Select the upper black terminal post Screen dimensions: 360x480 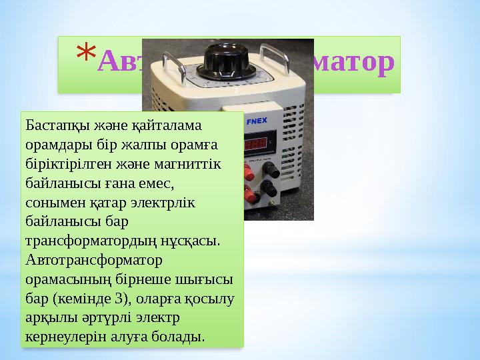[x=270, y=170]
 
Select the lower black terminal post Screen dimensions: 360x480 [x=270, y=192]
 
